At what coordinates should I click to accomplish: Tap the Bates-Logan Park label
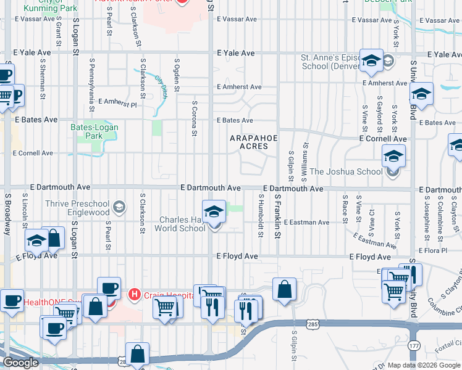(94, 131)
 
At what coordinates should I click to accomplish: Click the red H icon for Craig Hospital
(133, 295)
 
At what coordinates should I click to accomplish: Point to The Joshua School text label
(346, 172)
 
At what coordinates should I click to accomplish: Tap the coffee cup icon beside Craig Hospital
(110, 288)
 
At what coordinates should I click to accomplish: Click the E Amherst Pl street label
(121, 101)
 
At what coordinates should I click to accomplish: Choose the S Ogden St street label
(177, 75)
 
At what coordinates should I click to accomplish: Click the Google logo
(21, 363)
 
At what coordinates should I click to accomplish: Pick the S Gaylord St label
(379, 114)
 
